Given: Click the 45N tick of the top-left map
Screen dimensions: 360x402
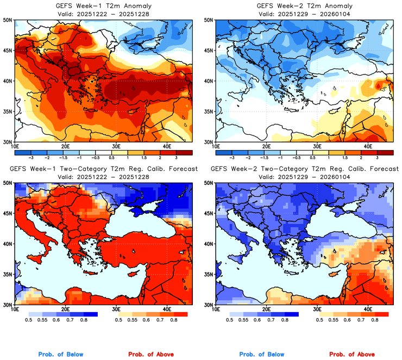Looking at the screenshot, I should click(x=8, y=51).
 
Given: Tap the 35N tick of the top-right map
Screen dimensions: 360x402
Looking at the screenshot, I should click(x=210, y=111).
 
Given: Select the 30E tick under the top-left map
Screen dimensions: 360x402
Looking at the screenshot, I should click(x=116, y=146).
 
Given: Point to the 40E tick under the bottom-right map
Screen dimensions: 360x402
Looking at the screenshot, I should click(x=368, y=309).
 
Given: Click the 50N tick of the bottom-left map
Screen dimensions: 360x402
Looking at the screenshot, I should click(x=8, y=183).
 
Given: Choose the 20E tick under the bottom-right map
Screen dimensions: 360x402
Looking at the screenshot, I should click(x=266, y=309).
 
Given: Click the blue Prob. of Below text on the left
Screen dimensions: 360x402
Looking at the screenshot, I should click(x=61, y=355).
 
